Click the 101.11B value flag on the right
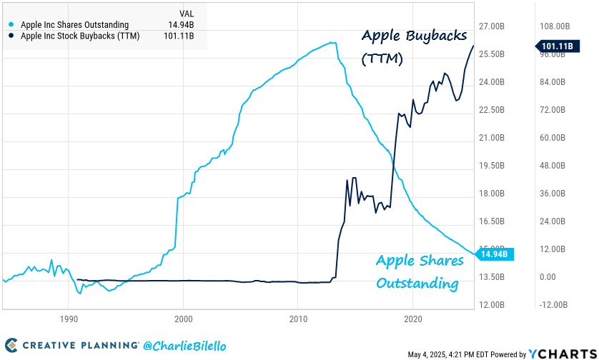[556, 46]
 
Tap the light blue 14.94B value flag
[494, 254]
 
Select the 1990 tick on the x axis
[68, 319]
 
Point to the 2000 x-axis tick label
[183, 319]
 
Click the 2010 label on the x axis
[298, 319]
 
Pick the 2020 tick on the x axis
[412, 319]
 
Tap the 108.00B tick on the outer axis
[556, 26]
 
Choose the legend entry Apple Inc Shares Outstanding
[74, 25]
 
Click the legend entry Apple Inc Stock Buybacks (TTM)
[80, 36]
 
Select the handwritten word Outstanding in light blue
[417, 284]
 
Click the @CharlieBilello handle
[184, 346]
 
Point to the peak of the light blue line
[333, 43]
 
